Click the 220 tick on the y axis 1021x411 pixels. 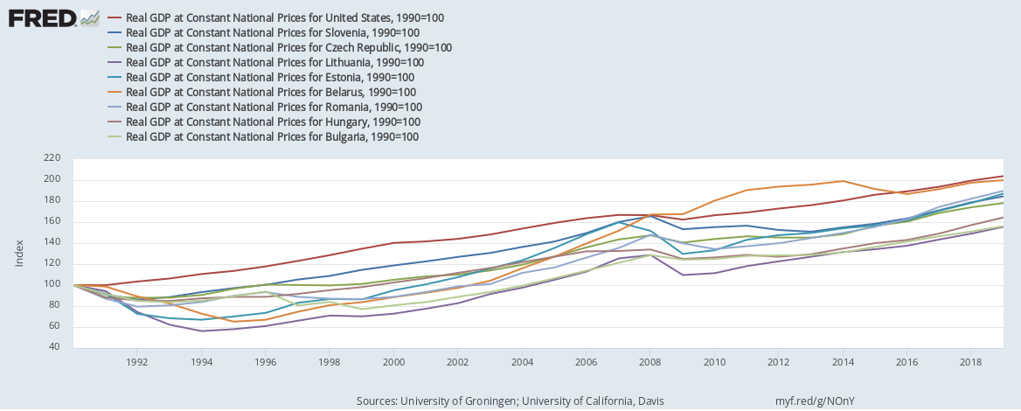(51, 158)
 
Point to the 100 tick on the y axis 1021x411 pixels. (51, 284)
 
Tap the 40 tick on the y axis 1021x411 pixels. (53, 347)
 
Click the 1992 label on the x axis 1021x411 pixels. (136, 361)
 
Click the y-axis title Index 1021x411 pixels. (18, 253)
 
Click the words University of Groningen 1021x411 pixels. (454, 401)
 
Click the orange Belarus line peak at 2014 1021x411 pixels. (843, 181)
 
